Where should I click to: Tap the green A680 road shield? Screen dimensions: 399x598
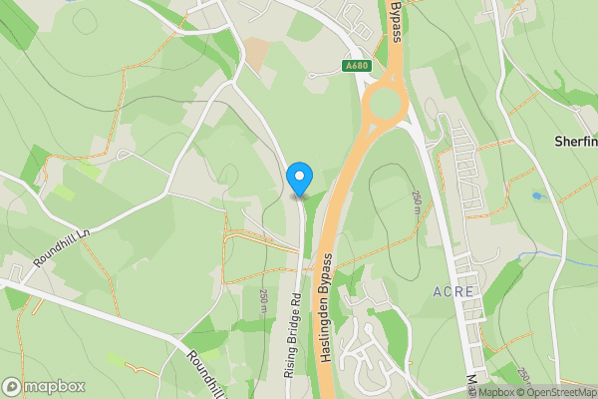pos(356,66)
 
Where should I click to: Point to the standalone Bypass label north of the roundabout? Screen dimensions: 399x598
pos(396,22)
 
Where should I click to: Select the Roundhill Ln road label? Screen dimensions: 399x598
pos(62,244)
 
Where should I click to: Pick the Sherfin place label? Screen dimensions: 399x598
pos(575,142)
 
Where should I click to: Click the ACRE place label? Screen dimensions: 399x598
pos(456,291)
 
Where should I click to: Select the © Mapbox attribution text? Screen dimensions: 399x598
pos(485,392)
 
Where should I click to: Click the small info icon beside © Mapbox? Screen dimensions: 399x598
pos(454,392)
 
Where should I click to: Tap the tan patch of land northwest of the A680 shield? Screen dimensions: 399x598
pos(257,52)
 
